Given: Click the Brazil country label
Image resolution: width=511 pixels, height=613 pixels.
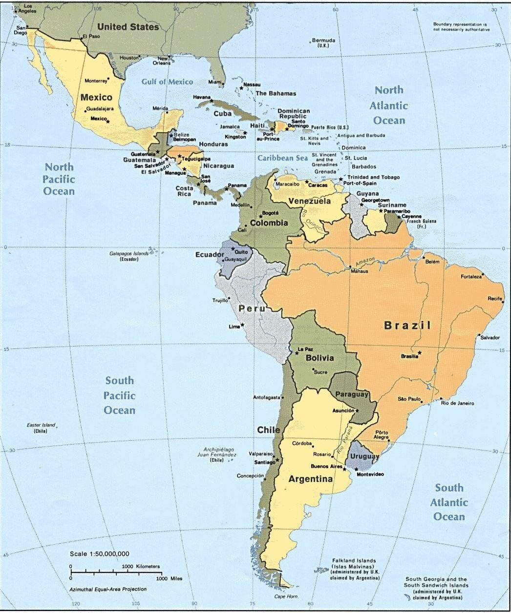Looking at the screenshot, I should point(407,326).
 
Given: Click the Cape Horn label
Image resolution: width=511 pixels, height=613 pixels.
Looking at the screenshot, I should point(286,596).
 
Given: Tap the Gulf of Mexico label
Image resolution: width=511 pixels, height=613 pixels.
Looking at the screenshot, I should point(167,82).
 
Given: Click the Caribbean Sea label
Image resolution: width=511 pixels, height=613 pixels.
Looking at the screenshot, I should point(283,158).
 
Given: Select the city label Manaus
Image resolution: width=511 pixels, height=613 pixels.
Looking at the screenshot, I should point(359,271).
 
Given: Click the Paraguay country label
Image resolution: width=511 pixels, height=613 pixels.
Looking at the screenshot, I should point(351,394).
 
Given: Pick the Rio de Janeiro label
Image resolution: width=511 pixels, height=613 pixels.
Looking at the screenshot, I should point(457,403).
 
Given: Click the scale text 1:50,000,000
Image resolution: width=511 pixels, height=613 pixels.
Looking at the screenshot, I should point(100,554).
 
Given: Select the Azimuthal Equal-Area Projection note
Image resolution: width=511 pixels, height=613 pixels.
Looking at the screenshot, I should point(107,589).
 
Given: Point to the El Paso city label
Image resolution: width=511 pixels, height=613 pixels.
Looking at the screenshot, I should point(91,37).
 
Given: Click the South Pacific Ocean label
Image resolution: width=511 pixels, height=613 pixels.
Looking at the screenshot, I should point(120,395).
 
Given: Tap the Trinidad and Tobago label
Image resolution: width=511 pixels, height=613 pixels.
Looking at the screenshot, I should point(373,177).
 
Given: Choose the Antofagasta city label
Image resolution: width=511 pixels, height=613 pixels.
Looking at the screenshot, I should point(266,397).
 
